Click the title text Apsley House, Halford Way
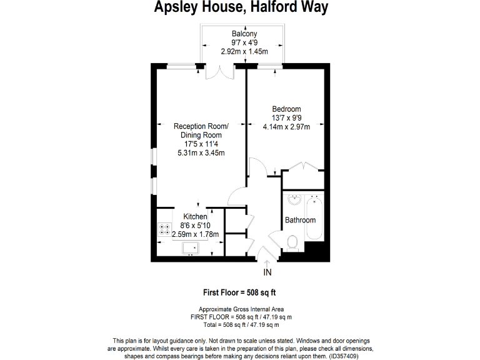(x=241, y=7)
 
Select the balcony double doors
(x=220, y=72)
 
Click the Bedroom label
(x=287, y=109)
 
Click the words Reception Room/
(x=201, y=126)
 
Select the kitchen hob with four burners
(x=166, y=229)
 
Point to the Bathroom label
(x=301, y=220)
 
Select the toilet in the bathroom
(x=291, y=241)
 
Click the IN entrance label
(x=267, y=272)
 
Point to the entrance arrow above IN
(x=267, y=264)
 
